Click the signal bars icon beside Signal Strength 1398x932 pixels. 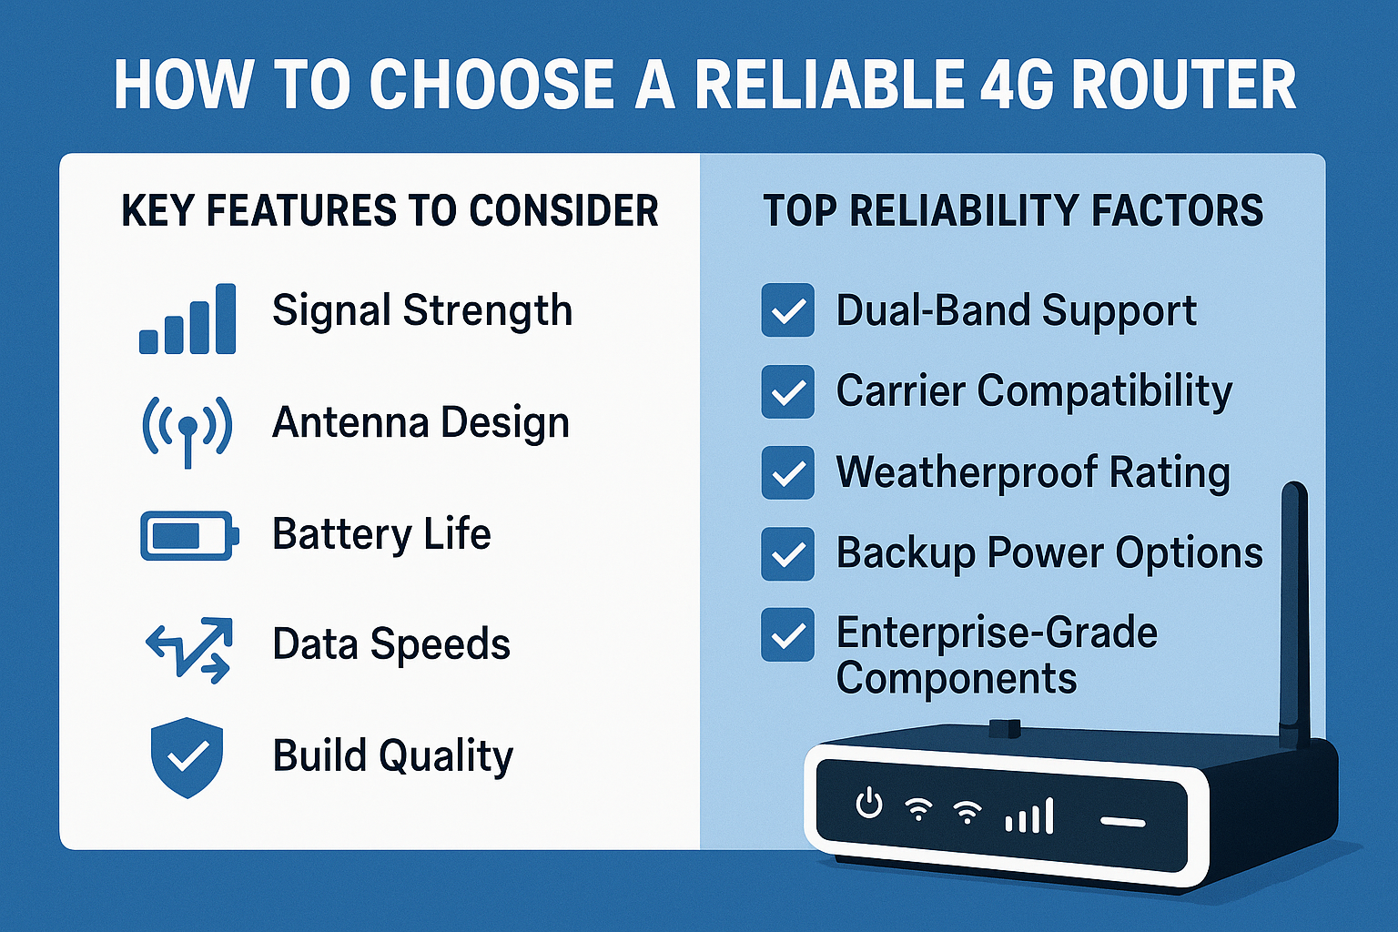187,319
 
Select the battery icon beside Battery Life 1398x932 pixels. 189,535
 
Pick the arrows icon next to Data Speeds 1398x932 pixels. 189,648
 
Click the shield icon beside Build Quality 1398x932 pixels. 187,756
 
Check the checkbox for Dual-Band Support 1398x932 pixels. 787,310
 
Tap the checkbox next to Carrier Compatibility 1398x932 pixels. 787,391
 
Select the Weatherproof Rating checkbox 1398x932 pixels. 787,472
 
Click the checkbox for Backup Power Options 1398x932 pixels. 787,553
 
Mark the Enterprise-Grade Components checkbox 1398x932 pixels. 787,634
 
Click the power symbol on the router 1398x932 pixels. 870,805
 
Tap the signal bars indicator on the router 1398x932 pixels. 1030,815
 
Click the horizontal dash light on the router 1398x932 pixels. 1123,822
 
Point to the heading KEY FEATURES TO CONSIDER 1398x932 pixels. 390,211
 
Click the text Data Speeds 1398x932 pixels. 391,644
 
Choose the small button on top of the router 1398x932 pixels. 1005,728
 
